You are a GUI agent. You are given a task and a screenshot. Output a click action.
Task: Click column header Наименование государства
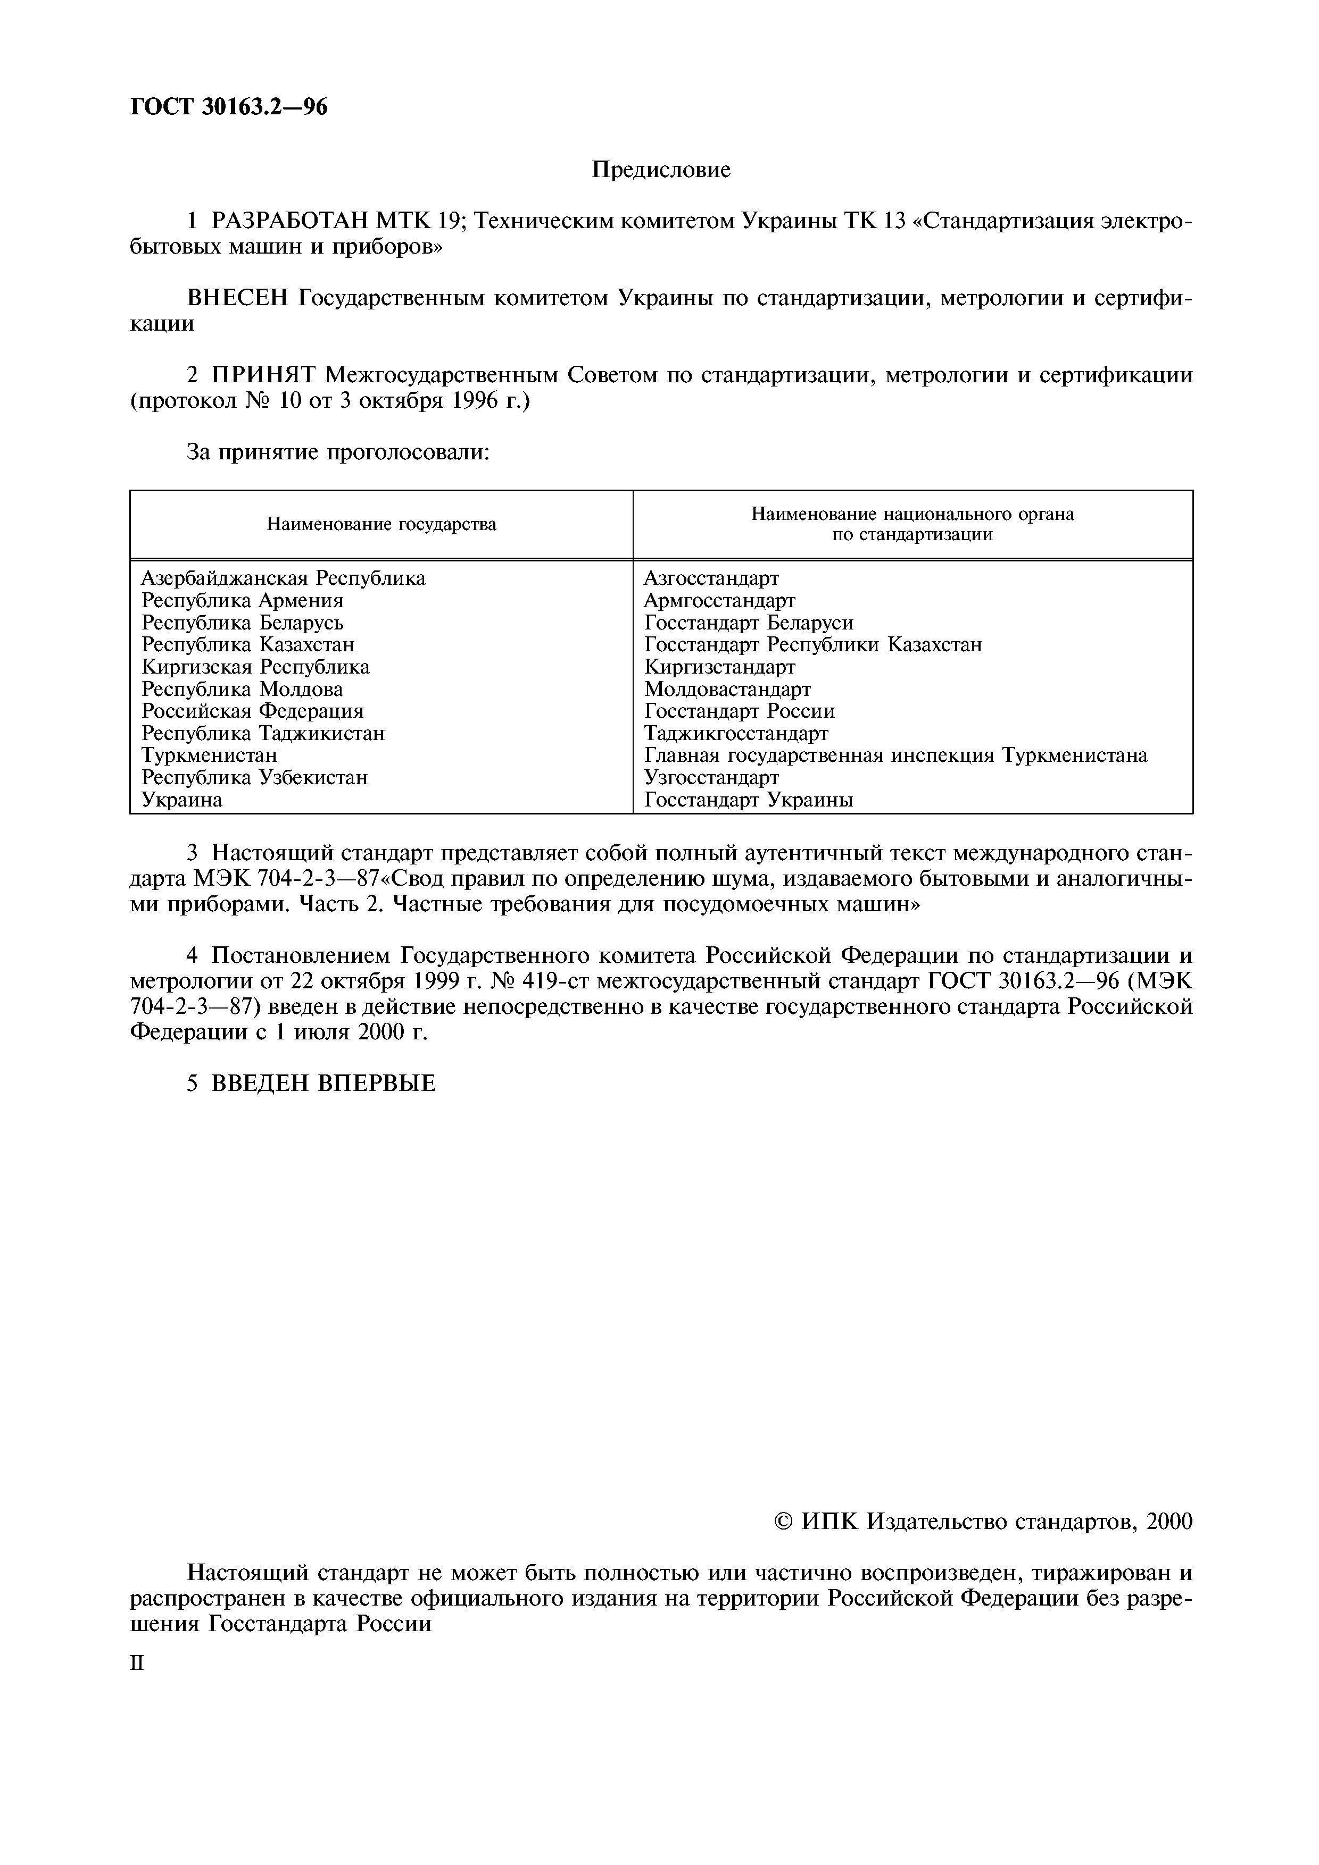[381, 525]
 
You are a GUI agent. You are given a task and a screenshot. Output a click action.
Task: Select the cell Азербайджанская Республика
[283, 578]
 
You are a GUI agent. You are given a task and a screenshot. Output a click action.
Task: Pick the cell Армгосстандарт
[719, 600]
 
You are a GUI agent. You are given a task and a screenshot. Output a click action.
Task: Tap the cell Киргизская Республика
[255, 667]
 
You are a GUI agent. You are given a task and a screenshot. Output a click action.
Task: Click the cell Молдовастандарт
[727, 690]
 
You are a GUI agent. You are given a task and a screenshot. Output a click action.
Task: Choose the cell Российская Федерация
[253, 711]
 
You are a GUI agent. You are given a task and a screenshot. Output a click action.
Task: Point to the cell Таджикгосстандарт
[736, 734]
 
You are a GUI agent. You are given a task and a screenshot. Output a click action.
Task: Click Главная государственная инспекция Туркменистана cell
[895, 755]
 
